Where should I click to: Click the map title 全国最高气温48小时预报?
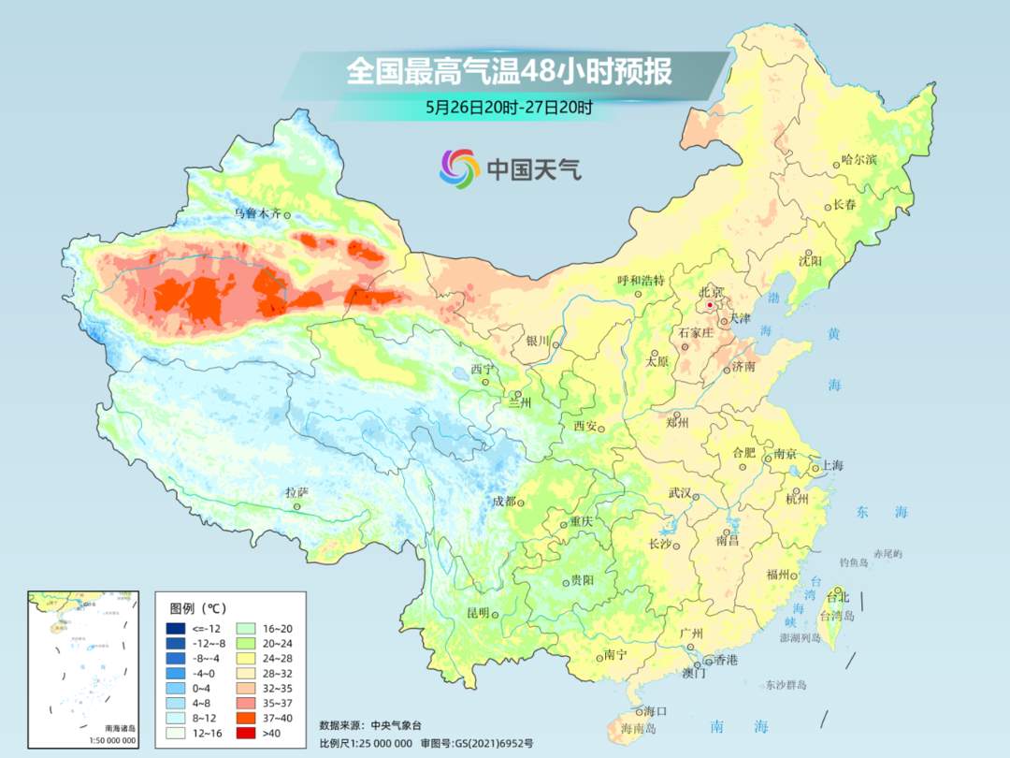pos(509,72)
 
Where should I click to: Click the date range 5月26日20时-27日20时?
pos(509,108)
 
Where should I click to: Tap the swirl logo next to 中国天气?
pos(459,168)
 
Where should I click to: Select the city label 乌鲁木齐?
pos(257,213)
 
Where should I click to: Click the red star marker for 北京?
pos(710,305)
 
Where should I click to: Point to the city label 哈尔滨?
pos(859,161)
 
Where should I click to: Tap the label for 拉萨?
pos(296,492)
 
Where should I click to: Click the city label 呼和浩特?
pos(641,281)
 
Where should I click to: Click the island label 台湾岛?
pos(837,616)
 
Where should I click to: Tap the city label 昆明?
pos(478,612)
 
